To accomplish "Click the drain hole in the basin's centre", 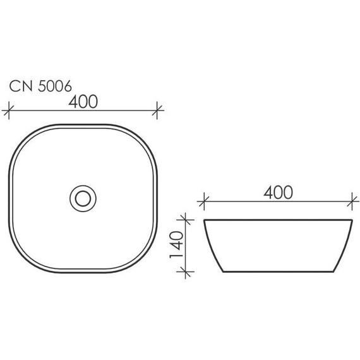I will pos(83,197).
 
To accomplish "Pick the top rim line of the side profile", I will pos(278,220).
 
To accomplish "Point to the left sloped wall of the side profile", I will pos(212,246).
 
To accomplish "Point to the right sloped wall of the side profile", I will pos(345,246).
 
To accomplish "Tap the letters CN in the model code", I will pos(19,87).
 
